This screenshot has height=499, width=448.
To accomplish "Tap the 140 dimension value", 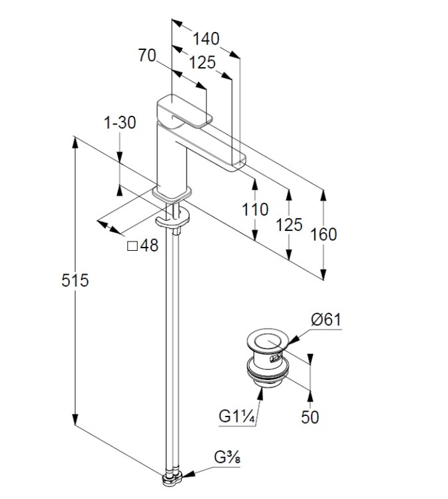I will coord(206,39).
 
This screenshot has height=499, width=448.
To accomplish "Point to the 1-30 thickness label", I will coord(120,122).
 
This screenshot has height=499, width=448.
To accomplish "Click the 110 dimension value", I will coord(255,210).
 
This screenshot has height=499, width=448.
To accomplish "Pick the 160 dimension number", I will coord(324,234).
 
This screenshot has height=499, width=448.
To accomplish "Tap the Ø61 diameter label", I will coord(326,319).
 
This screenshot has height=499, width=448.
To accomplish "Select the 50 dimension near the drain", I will coord(310,416).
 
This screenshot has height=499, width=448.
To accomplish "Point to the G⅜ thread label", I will coord(227,458).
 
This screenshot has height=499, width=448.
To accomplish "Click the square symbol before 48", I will coord(132,246).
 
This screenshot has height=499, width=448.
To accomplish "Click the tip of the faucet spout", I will coord(238,161).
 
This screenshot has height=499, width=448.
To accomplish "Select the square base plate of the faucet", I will coord(172,194).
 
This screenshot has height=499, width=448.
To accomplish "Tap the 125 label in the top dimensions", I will coord(202,63).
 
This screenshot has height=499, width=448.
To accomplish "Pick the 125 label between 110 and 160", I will coord(289,224).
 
